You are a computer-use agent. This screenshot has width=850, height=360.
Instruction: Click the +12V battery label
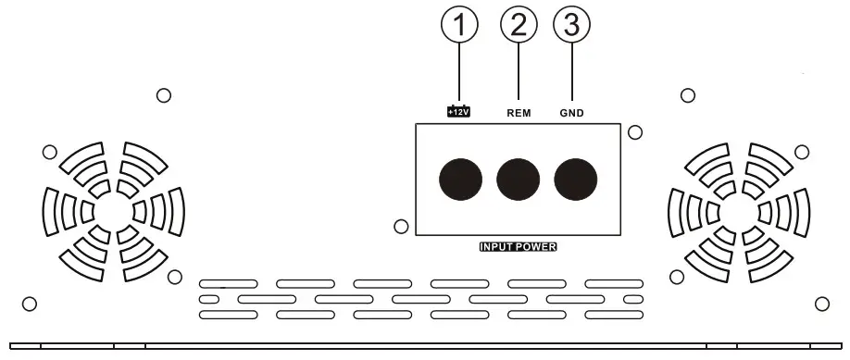(x=459, y=112)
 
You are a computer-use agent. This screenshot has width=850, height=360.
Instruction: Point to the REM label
(x=519, y=113)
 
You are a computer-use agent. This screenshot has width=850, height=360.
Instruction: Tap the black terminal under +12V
(x=460, y=178)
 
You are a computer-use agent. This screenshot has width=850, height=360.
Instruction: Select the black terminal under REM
(x=519, y=178)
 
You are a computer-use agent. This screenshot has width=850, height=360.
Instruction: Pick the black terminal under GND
(x=575, y=178)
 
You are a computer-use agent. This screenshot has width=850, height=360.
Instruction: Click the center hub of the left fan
(x=114, y=212)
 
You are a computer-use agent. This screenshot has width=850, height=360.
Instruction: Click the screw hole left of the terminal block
(x=401, y=226)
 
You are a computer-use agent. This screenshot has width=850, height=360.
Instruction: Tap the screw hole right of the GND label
(x=634, y=132)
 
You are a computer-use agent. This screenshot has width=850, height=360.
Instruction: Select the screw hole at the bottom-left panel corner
(x=29, y=304)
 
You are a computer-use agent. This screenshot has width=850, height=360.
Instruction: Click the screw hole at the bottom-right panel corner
(x=821, y=304)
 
